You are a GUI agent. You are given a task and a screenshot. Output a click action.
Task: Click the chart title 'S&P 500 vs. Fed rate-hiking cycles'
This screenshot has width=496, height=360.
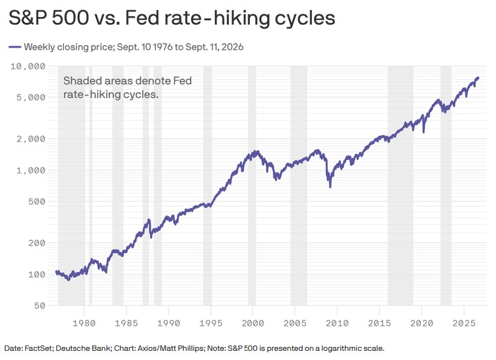(172, 18)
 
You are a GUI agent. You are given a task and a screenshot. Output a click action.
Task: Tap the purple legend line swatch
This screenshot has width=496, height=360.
(15, 47)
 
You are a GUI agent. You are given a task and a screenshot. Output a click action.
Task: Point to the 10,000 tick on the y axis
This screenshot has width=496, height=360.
(28, 67)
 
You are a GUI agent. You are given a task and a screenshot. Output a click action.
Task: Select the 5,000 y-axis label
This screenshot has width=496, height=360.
(31, 97)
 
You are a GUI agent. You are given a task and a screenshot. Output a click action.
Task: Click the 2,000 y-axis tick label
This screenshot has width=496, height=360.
(31, 139)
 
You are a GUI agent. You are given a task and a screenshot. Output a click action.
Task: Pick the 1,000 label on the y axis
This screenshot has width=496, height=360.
(31, 170)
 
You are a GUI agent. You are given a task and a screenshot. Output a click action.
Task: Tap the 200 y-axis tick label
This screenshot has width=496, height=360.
(37, 243)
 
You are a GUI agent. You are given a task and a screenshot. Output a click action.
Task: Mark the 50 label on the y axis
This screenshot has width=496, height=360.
(40, 306)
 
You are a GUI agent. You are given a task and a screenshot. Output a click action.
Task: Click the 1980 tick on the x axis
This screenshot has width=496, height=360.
(84, 323)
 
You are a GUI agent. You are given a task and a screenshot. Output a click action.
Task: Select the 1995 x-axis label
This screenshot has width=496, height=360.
(211, 323)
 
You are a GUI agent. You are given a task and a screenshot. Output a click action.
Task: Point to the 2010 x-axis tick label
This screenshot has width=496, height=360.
(337, 323)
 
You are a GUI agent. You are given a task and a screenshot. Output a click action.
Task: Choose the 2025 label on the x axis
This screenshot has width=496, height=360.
(464, 323)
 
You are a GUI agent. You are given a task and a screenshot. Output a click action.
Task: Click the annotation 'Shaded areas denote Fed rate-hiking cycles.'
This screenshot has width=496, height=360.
(127, 87)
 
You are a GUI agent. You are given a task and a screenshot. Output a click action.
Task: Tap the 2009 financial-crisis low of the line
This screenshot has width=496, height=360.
(330, 187)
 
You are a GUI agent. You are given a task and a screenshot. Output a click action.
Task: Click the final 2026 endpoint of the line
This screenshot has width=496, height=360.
(478, 78)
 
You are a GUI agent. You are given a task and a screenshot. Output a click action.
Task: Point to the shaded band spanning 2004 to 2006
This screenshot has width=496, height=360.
(299, 185)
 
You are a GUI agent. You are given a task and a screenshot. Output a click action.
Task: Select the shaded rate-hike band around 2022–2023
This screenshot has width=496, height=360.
(446, 185)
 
